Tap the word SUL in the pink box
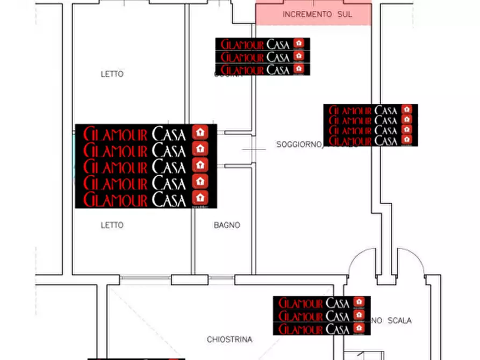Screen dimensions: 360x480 (x=345, y=15)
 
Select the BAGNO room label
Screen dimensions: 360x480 (x=227, y=225)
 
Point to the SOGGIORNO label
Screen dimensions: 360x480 (x=299, y=144)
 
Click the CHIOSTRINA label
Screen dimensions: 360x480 (x=230, y=340)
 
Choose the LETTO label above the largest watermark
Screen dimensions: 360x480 (x=112, y=74)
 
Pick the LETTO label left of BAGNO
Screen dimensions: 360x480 (x=112, y=225)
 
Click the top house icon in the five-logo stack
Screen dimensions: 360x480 (x=200, y=132)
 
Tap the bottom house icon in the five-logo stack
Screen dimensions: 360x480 (x=200, y=197)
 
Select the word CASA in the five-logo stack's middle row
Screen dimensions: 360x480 (x=169, y=165)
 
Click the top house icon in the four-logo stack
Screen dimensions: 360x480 (x=407, y=110)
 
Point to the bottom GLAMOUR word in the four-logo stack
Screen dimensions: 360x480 (x=350, y=141)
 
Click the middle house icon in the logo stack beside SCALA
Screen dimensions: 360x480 (x=359, y=315)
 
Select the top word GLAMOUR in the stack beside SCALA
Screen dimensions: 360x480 (x=301, y=303)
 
